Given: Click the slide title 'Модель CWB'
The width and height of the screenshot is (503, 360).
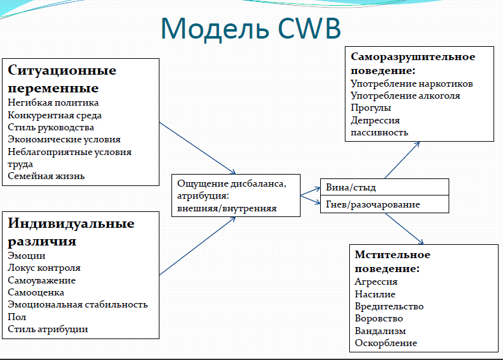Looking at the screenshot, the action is coord(251,28).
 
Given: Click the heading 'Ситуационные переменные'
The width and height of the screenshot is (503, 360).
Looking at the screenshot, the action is coord(62,78).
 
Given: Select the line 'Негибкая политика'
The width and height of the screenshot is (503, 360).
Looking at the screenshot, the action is coord(53,102).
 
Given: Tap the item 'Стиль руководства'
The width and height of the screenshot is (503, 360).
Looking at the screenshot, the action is coord(51,127).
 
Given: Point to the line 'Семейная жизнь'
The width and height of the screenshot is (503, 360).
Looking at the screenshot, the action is coord(46,176).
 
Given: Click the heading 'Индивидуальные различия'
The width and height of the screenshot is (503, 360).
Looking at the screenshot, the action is coord(71,232).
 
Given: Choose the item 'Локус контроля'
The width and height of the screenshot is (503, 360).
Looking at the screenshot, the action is coord(44,268).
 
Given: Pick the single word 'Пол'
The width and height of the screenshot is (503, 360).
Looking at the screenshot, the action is coord(16,317).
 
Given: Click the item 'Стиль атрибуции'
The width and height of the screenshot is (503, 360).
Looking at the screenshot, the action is coord(48,329).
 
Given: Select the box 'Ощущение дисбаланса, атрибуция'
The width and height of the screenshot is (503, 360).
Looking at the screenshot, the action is coord(236,196).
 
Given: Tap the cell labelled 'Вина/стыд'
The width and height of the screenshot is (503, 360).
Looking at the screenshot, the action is coord(384,187).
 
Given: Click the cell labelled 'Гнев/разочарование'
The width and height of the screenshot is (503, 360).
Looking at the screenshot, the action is coord(384,204).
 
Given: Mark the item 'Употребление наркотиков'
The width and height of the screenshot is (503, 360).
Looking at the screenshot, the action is coord(412,84).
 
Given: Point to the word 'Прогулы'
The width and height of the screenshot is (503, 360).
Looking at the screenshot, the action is coord(371,108).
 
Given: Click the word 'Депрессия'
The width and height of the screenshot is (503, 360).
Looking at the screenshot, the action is coord(375,120).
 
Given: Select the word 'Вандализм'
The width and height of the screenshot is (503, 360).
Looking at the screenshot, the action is coord(380,331).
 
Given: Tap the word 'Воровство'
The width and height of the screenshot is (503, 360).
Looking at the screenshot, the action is coord(378,318).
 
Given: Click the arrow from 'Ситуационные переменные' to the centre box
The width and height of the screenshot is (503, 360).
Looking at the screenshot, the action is coord(197,148).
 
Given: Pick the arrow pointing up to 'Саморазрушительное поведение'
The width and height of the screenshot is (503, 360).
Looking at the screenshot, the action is coord(402,160).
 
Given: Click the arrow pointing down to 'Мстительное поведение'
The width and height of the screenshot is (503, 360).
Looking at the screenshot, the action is coord(404,229).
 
